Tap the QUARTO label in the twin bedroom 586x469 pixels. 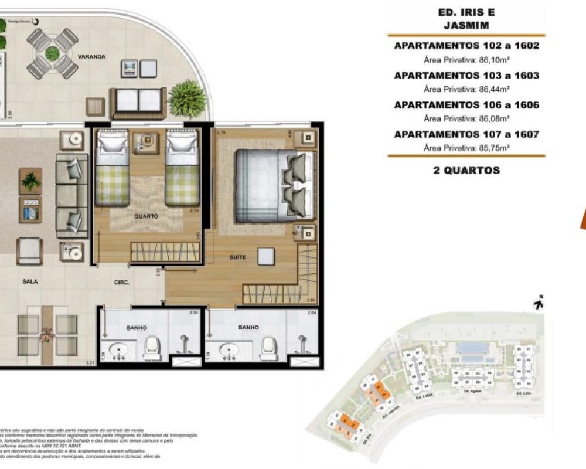(146, 216)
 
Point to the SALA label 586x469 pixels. (30, 281)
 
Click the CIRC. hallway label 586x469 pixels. (122, 282)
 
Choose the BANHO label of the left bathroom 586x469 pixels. (136, 328)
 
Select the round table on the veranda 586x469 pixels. (53, 53)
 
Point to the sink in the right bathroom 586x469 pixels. (230, 352)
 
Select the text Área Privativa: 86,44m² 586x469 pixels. (466, 89)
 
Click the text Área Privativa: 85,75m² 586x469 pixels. (466, 148)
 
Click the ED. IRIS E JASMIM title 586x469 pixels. (466, 19)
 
